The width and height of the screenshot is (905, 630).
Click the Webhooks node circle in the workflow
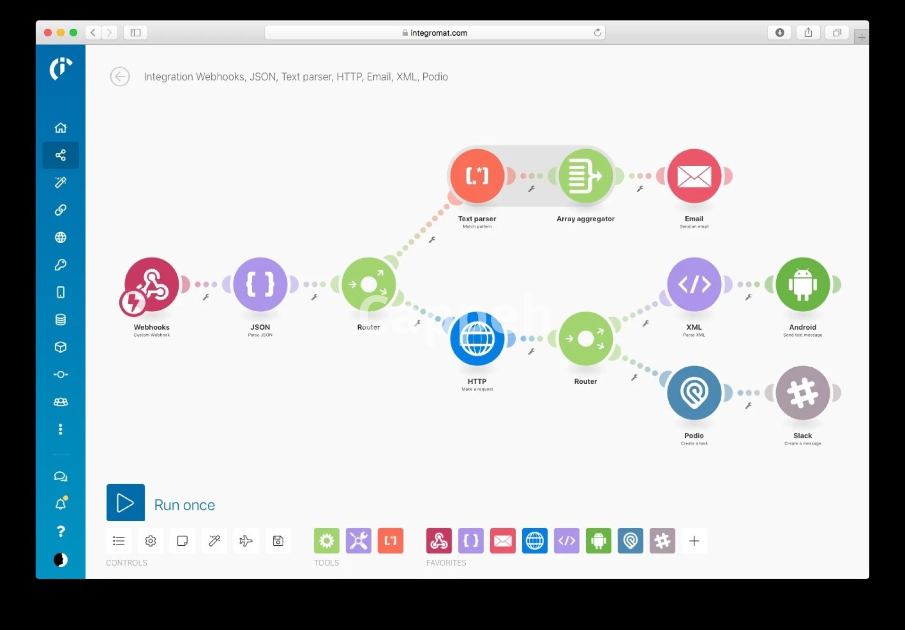click(151, 284)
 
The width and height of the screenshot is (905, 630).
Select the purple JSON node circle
click(260, 284)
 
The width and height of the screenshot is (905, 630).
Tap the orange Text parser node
click(477, 176)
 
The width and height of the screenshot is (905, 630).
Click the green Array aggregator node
click(585, 176)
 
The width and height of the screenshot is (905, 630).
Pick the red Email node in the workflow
click(694, 176)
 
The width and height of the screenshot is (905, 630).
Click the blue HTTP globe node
click(477, 339)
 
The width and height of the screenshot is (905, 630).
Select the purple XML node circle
click(694, 284)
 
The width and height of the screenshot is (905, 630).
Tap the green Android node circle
click(802, 284)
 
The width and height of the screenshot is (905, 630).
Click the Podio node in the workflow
click(694, 393)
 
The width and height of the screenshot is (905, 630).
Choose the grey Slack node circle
click(802, 393)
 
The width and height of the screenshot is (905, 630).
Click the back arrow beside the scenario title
click(120, 77)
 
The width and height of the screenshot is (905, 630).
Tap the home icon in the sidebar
click(60, 128)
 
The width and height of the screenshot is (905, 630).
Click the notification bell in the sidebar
click(60, 504)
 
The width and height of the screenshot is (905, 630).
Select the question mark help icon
click(60, 532)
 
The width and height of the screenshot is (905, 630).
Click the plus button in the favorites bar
click(694, 541)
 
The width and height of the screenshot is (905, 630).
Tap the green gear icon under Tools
click(326, 541)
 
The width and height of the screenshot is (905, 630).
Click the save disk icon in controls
click(278, 541)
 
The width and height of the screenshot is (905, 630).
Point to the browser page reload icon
click(597, 32)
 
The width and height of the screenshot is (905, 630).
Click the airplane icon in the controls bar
click(246, 541)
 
